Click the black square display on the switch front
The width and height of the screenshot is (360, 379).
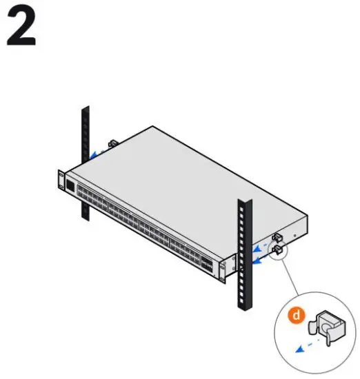70,186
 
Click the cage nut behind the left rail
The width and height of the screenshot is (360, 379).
112,143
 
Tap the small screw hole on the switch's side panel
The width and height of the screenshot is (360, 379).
295,236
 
